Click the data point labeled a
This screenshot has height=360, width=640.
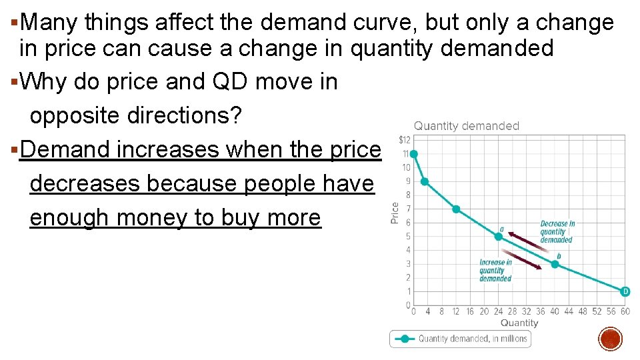tap(498, 236)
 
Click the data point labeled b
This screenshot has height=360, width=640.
tap(555, 264)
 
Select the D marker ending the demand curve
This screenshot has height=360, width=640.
tap(625, 291)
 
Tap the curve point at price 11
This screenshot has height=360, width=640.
tap(413, 154)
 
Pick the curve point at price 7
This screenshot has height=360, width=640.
tap(456, 209)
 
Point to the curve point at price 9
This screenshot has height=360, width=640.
tap(425, 181)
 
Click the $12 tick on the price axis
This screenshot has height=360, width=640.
tap(404, 139)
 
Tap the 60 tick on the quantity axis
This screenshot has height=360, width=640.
tap(625, 311)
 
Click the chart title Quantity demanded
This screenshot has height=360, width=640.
tap(467, 125)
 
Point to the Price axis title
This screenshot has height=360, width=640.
tap(395, 213)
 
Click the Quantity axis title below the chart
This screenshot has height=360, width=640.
tap(519, 323)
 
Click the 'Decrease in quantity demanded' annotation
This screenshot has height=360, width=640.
tap(557, 231)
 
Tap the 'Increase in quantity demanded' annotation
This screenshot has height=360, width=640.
tap(495, 270)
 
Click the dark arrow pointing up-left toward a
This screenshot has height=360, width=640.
tap(523, 241)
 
